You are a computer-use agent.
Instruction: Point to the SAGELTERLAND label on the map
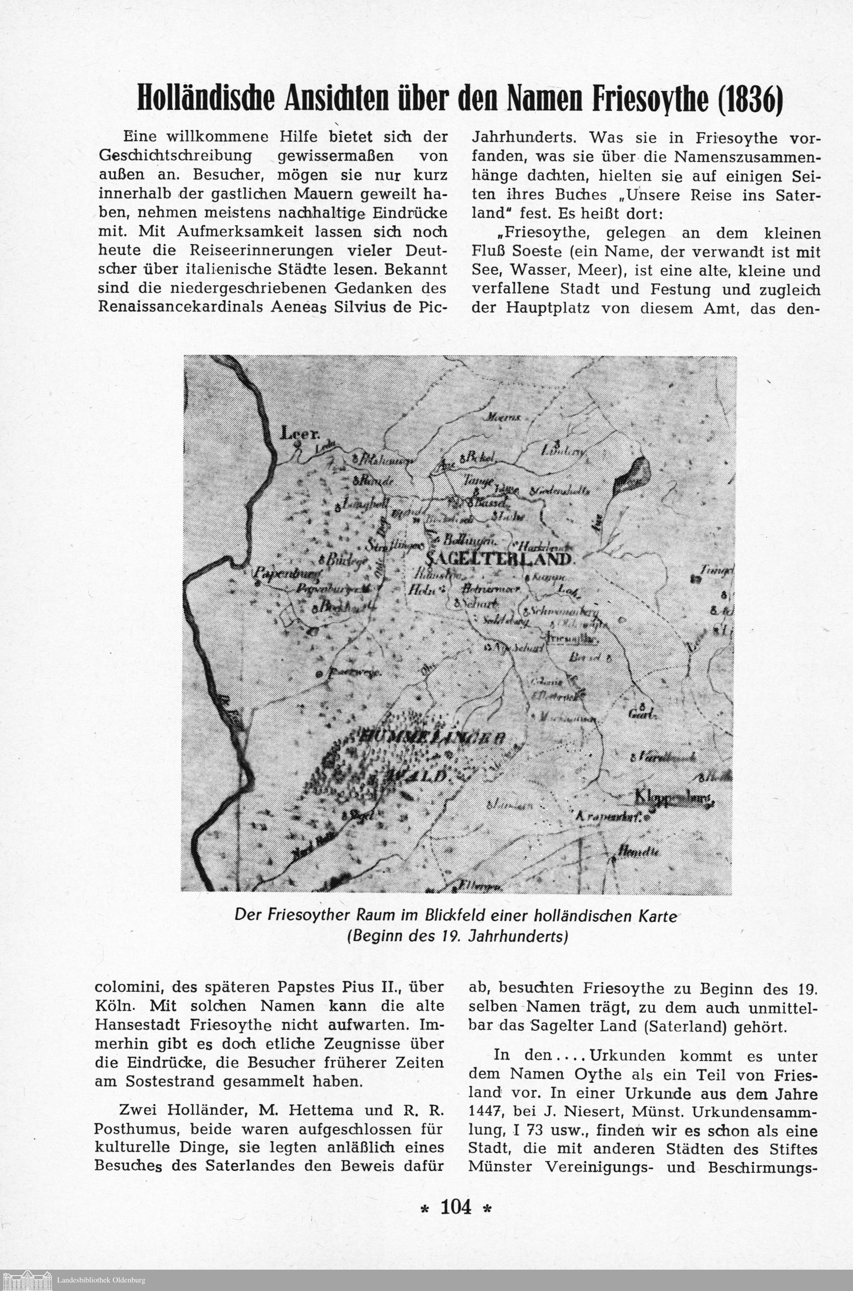click(498, 559)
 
